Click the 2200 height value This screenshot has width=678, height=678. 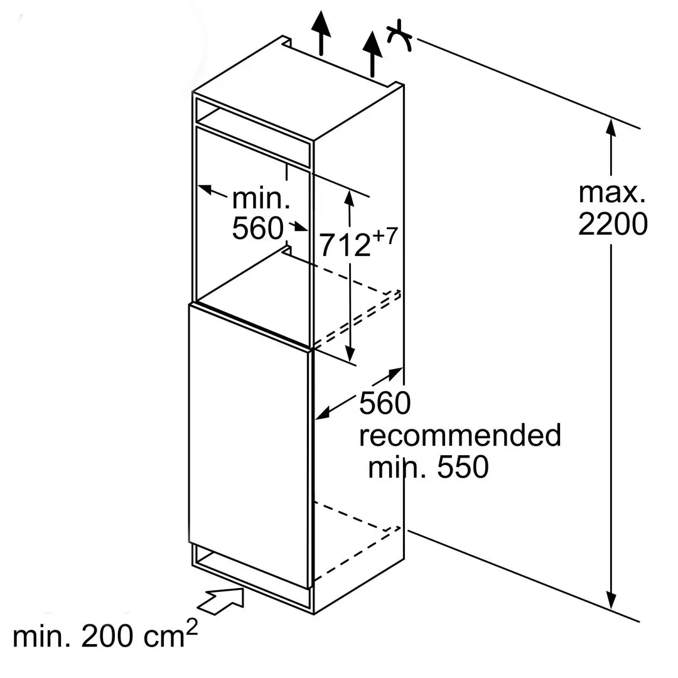coord(612,224)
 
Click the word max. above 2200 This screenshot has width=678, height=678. coord(612,193)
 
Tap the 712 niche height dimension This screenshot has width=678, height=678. coord(345,245)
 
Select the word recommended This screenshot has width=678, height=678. coord(460,435)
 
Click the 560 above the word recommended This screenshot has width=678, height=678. coord(384,404)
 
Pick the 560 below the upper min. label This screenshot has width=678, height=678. coord(257,229)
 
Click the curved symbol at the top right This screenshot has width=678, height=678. coord(399,37)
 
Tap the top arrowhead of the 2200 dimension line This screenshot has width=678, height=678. coord(609,127)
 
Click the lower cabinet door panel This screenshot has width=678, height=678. coord(249,446)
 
